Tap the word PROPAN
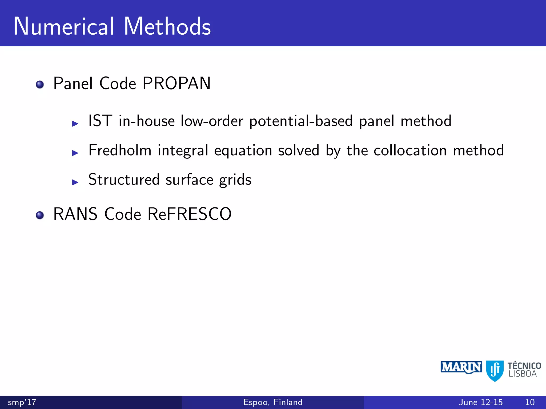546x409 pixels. point(176,83)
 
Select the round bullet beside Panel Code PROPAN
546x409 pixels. point(40,85)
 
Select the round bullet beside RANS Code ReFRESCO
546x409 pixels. point(40,215)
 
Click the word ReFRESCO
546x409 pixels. point(190,214)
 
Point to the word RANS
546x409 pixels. point(75,214)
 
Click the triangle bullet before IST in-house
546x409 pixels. point(75,124)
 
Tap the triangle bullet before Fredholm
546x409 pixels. point(75,153)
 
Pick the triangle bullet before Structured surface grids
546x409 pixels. point(75,182)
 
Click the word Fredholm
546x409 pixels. point(120,150)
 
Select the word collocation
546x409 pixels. point(410,150)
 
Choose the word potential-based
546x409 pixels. point(301,121)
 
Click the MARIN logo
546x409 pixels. point(461,367)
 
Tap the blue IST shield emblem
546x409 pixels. point(495,370)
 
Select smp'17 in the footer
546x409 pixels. point(22,402)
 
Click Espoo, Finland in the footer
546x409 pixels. point(273,402)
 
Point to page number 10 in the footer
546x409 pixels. point(530,402)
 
